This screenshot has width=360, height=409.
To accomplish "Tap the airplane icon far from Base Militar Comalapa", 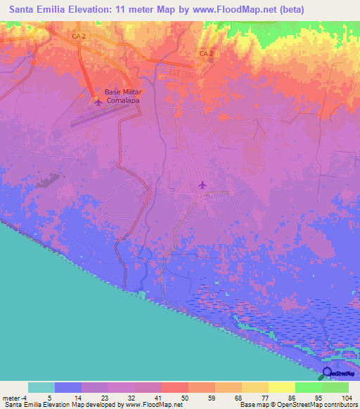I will pos(203,185).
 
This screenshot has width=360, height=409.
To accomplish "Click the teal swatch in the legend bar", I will pos(41,387).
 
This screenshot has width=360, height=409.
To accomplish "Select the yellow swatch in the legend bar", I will pos(282,387).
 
